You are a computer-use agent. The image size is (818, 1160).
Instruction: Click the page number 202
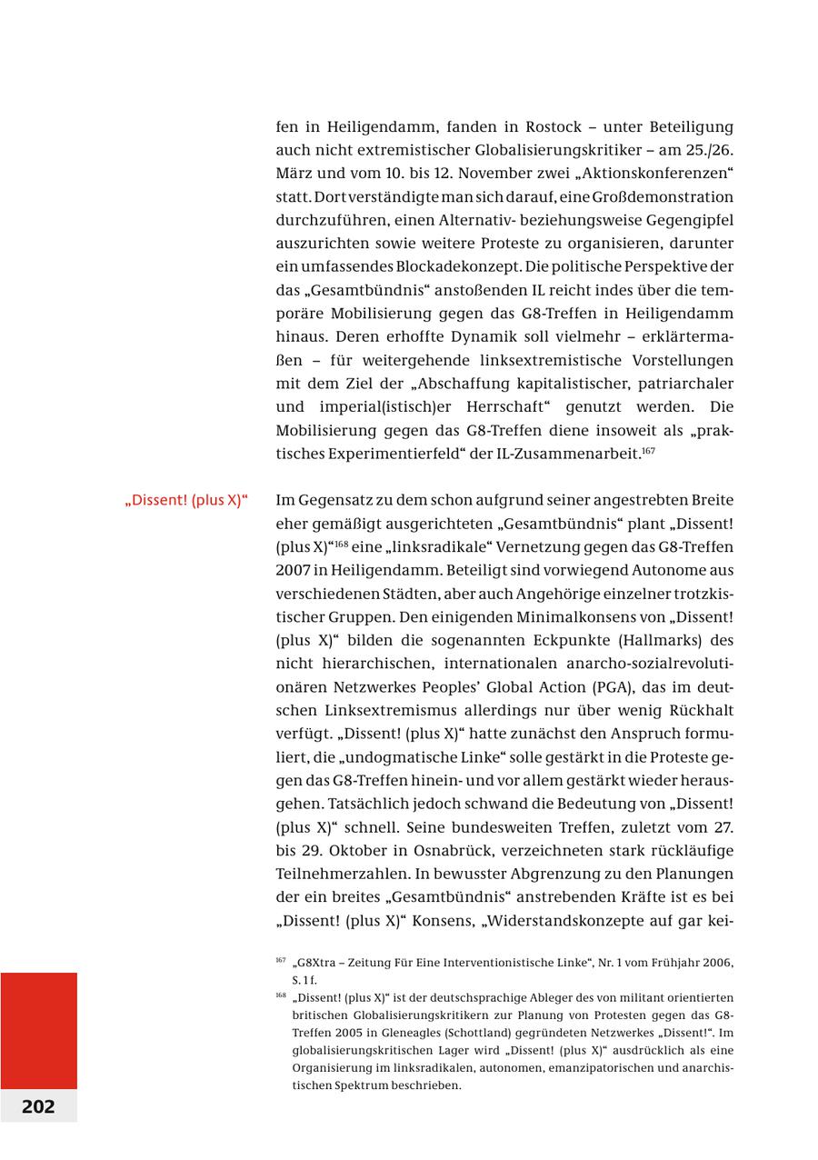pos(38,1106)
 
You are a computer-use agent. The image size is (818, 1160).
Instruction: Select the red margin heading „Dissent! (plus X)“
pos(186,501)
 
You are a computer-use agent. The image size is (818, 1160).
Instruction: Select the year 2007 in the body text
pos(293,570)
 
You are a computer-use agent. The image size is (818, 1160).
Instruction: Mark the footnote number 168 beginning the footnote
pos(280,995)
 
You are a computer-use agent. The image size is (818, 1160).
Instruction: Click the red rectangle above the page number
pos(38,1030)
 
